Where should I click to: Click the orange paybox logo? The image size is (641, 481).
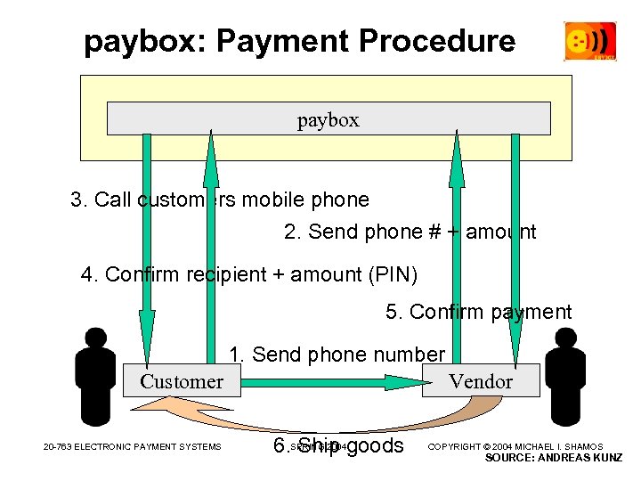(589, 41)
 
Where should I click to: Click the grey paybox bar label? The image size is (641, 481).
(328, 119)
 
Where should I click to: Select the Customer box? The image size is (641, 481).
(182, 381)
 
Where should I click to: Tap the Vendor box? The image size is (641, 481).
(481, 381)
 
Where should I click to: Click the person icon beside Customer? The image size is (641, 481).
(95, 375)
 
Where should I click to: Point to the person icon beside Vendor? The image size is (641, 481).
(564, 375)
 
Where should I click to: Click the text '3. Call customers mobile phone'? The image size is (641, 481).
(220, 200)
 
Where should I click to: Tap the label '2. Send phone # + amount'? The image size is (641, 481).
(410, 232)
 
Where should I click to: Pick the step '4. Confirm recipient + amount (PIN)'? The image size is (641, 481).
(249, 274)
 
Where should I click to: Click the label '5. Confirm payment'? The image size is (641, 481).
(478, 312)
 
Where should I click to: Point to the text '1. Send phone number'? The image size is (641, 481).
(337, 355)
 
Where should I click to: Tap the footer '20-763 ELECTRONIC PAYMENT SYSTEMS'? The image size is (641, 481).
(133, 446)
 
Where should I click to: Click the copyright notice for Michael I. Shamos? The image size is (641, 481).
(516, 446)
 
